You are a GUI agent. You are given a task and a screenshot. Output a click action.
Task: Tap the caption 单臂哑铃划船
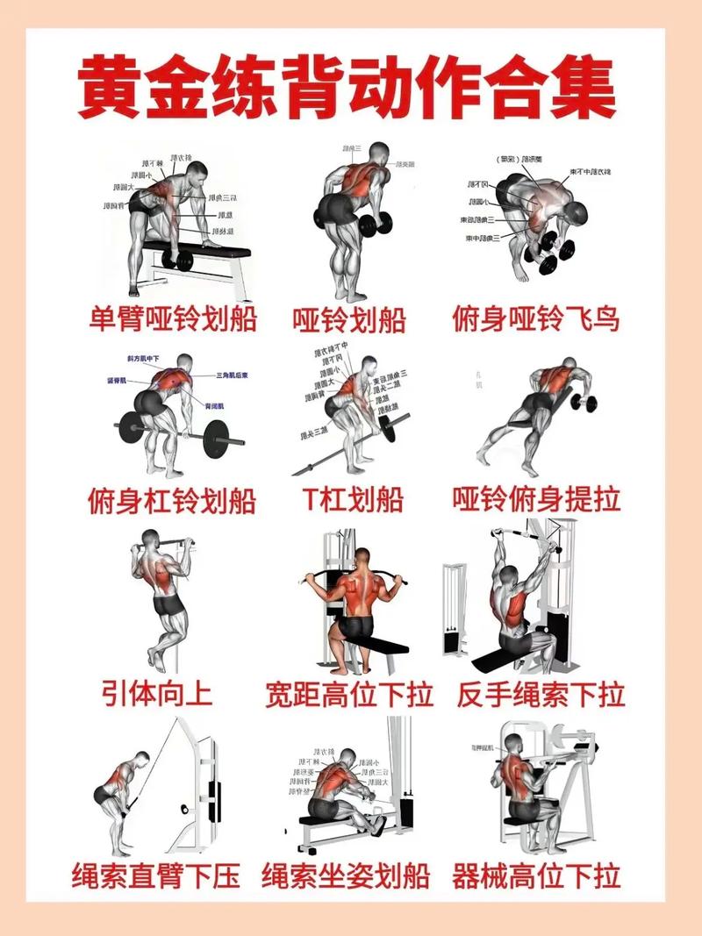(x=173, y=318)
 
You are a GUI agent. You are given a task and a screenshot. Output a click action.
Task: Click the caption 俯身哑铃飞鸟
(x=536, y=318)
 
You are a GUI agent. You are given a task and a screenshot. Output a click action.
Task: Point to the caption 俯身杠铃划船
(x=172, y=501)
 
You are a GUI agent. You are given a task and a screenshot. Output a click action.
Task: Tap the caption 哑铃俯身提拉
(x=536, y=499)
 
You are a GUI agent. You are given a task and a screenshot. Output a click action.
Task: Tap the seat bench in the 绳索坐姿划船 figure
(x=333, y=821)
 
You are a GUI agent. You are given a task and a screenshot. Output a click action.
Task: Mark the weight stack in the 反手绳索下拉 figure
(x=453, y=605)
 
